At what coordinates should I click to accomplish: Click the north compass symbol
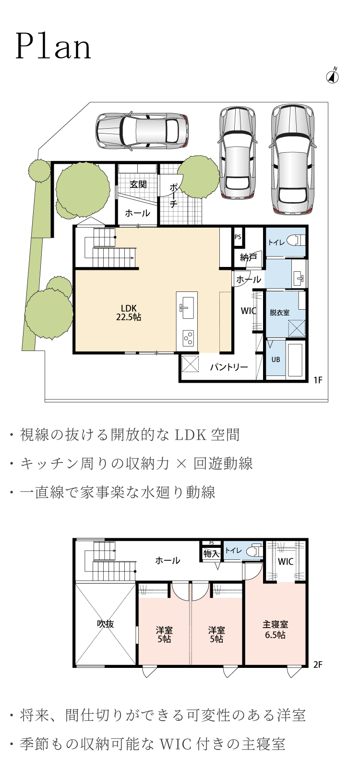point(333,76)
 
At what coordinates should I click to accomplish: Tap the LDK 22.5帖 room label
point(129,313)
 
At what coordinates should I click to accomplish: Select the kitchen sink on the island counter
point(186,307)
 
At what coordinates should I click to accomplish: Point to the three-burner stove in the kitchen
point(188,338)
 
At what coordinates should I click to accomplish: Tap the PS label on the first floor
point(238,236)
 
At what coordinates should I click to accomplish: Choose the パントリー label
point(228,367)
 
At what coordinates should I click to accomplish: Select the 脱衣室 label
point(279,312)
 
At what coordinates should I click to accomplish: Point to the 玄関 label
point(138,184)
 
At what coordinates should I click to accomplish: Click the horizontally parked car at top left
point(142,130)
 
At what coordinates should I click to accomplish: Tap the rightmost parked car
point(294,159)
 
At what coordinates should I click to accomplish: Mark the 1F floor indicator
point(317,380)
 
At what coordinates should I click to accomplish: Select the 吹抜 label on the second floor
point(106,624)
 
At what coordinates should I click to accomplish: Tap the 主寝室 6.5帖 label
point(275,629)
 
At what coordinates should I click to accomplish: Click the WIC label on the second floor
point(285,562)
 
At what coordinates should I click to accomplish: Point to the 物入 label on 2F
point(211,554)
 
